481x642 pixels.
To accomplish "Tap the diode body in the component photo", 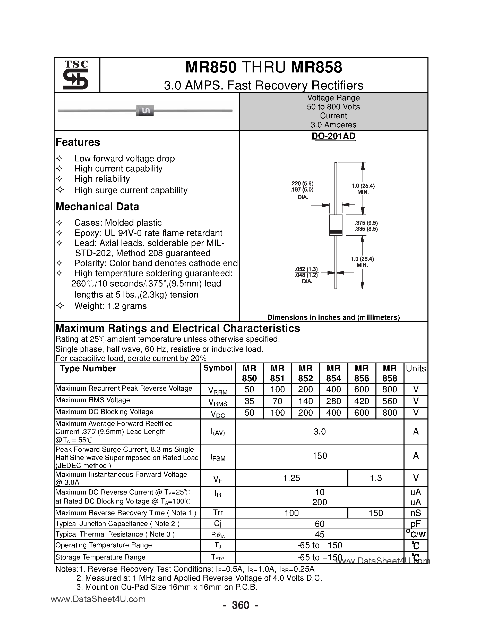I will [x=145, y=111].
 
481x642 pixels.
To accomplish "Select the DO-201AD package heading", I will [x=333, y=136].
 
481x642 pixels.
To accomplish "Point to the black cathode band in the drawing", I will [x=336, y=231].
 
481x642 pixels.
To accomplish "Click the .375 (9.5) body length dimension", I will [x=366, y=223].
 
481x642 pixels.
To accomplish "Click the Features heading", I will [x=78, y=142].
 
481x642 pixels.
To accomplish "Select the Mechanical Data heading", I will [x=97, y=207].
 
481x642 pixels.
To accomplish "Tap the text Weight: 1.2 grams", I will [x=110, y=306].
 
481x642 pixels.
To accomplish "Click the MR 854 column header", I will [x=333, y=373].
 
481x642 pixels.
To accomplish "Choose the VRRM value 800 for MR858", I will [x=389, y=389].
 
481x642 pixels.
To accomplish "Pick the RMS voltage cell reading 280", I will [x=333, y=401].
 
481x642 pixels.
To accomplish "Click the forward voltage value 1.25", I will [x=291, y=478].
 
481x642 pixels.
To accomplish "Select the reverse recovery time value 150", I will [x=375, y=513].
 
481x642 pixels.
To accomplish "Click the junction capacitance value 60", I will [x=320, y=524].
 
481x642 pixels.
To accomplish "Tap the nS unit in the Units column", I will [x=416, y=513].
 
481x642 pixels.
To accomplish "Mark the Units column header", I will [x=416, y=369].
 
